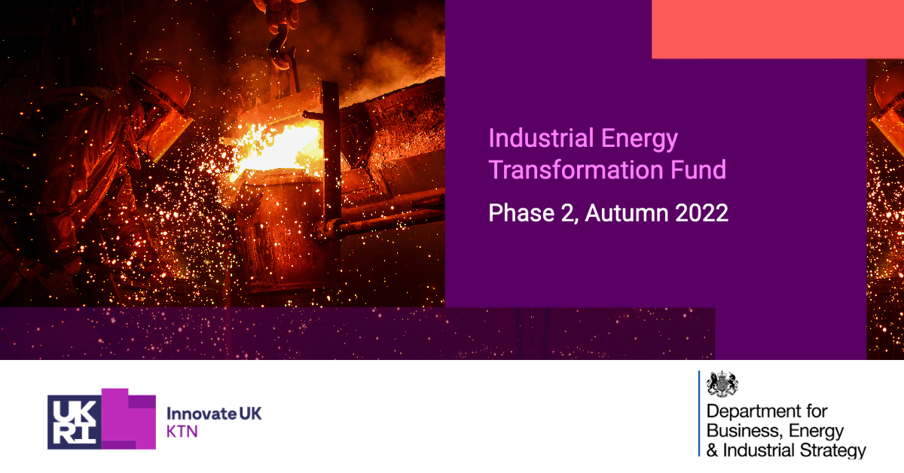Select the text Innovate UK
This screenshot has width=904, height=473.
pos(214,413)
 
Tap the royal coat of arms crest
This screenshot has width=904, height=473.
pos(722,385)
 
